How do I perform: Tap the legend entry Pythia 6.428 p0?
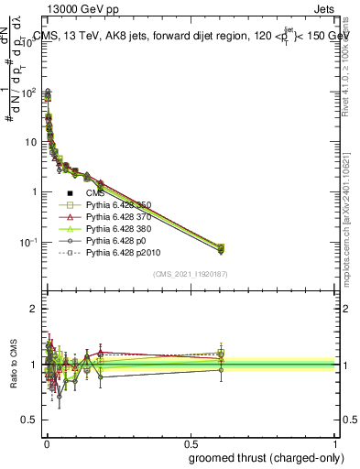[x=109, y=248]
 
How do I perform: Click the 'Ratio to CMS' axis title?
[x=13, y=364]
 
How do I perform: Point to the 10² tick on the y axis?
[x=28, y=93]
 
